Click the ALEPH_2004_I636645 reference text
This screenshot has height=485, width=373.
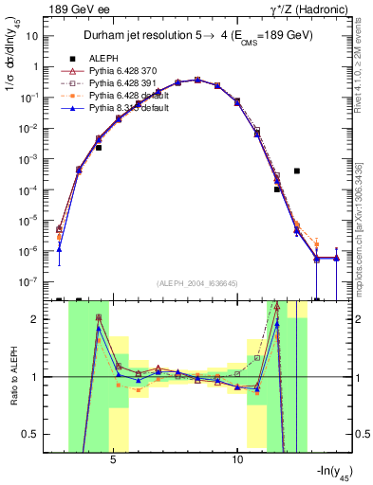pos(196,284)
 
